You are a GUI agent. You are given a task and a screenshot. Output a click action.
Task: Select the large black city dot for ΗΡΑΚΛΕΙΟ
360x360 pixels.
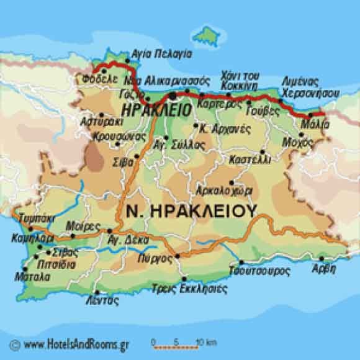(x=171, y=96)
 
